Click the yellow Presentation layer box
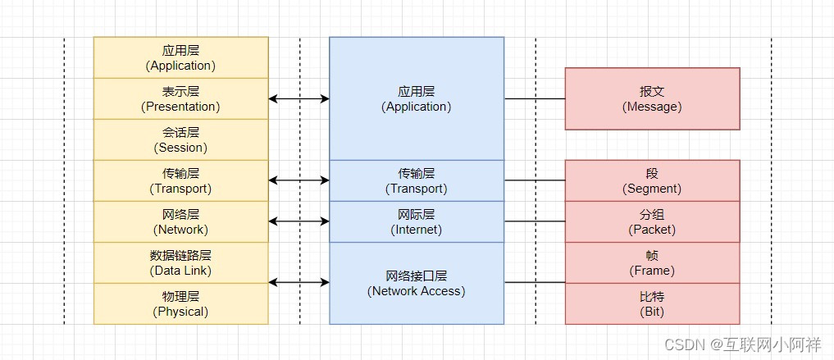(x=180, y=98)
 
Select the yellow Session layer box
(x=180, y=139)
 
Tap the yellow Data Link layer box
(x=180, y=262)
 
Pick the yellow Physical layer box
(x=180, y=303)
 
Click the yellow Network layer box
(x=180, y=221)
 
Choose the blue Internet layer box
(x=417, y=221)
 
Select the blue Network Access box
(x=417, y=283)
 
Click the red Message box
(x=652, y=98)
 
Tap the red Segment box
(x=652, y=180)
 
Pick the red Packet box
(x=652, y=221)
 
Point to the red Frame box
(x=652, y=262)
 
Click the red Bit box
(x=652, y=303)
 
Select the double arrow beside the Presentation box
(x=299, y=98)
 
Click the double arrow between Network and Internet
(x=299, y=221)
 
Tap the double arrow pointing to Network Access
(x=299, y=283)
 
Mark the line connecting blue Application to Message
(x=534, y=98)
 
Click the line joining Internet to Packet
(x=534, y=221)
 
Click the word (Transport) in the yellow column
(x=180, y=189)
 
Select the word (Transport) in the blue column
(x=417, y=189)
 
